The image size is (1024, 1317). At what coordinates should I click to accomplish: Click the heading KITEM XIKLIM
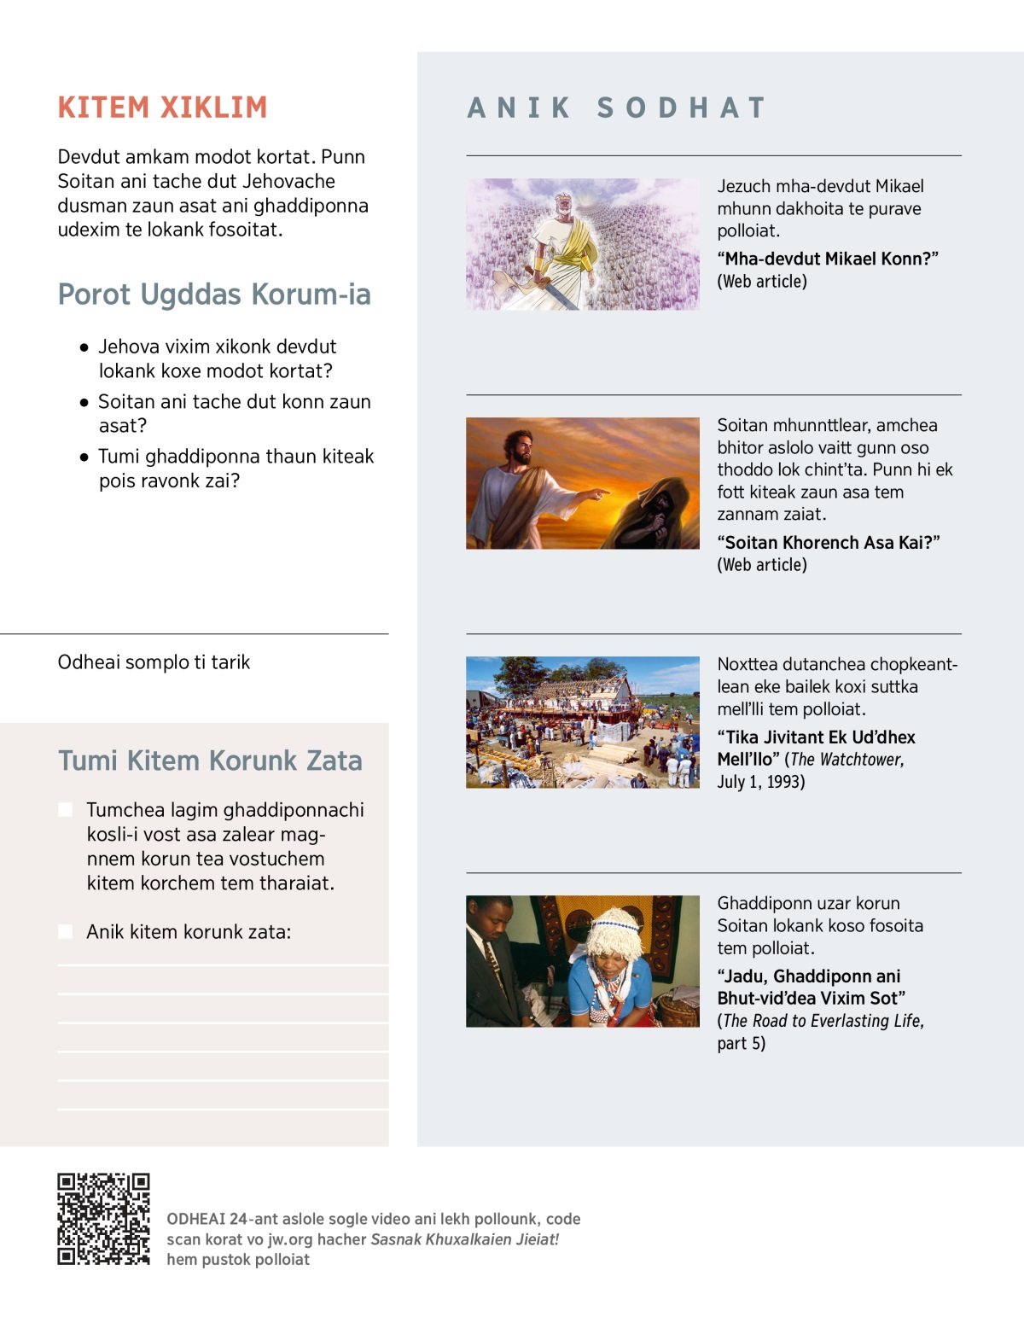click(162, 108)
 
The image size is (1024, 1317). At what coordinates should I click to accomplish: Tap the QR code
click(103, 1219)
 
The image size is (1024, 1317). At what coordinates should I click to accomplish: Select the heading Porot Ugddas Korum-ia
click(214, 294)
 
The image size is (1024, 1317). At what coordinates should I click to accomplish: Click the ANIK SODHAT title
click(617, 108)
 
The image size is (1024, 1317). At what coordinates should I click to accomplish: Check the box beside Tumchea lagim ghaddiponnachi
click(65, 810)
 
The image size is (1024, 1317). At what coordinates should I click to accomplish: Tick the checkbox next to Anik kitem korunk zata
click(65, 932)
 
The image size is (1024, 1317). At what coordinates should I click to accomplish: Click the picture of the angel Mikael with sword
click(582, 244)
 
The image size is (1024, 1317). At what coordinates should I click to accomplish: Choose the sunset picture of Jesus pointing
click(582, 483)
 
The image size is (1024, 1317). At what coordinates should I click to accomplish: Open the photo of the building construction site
click(582, 722)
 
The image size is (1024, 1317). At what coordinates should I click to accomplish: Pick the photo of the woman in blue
click(582, 961)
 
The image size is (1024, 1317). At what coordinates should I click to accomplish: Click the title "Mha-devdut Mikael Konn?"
click(827, 259)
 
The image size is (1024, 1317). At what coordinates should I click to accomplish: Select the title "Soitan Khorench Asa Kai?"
click(828, 543)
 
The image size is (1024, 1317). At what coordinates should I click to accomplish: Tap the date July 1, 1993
click(760, 782)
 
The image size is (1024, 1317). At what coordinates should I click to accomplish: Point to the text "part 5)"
click(741, 1043)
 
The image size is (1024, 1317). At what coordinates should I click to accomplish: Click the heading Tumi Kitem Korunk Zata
click(210, 760)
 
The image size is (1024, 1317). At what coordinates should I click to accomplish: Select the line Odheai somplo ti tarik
click(154, 662)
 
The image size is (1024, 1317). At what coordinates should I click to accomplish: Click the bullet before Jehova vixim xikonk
click(84, 347)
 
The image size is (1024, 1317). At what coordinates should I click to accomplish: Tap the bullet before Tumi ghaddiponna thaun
click(84, 457)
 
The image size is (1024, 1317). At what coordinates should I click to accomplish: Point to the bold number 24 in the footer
click(238, 1219)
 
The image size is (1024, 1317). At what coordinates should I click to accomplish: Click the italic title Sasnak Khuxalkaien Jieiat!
click(464, 1239)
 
